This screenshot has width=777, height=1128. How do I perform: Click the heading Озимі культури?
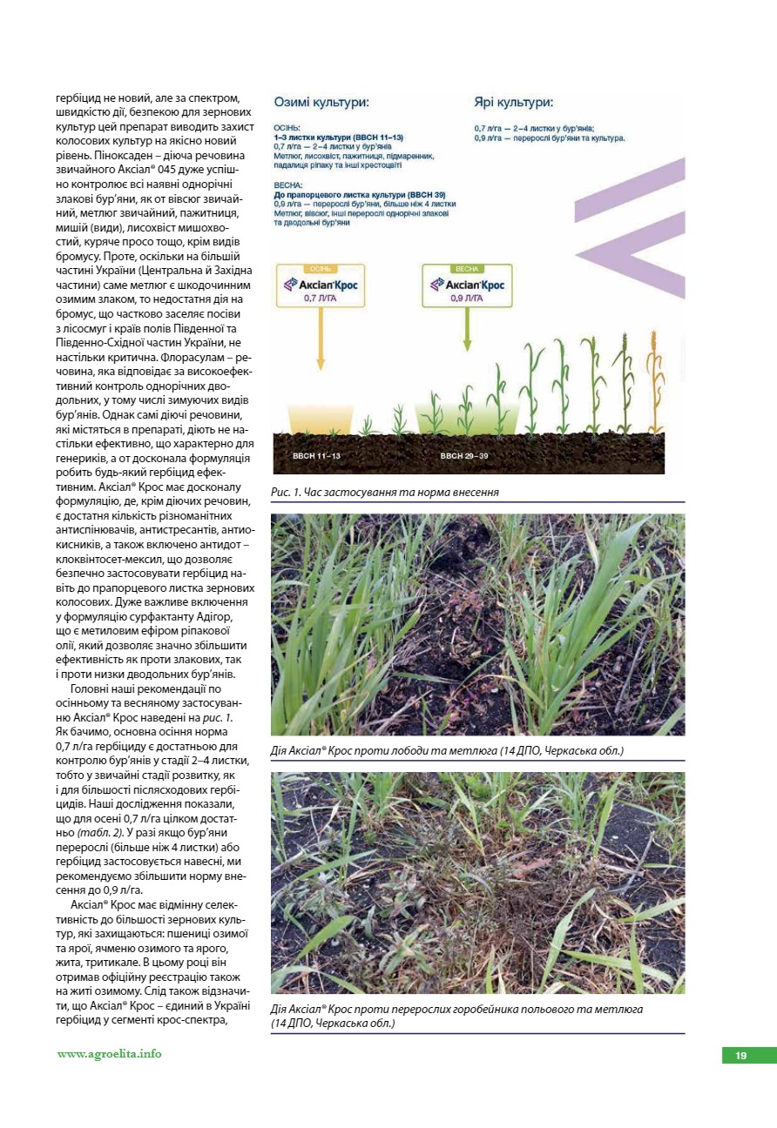[321, 102]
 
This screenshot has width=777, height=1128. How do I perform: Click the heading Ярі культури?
[513, 102]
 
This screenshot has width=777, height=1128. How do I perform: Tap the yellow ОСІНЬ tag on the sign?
[320, 269]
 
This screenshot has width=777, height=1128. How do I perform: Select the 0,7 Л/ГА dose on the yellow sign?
[320, 298]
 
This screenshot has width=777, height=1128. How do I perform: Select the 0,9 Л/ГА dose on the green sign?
[467, 298]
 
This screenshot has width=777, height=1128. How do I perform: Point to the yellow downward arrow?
[320, 339]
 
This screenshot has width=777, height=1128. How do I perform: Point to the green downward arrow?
[468, 331]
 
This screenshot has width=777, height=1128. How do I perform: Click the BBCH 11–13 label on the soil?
[315, 455]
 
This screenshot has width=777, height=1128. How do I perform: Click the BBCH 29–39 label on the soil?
[463, 455]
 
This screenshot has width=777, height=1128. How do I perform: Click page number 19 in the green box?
[740, 1056]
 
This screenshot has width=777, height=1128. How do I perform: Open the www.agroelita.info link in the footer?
[110, 1054]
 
